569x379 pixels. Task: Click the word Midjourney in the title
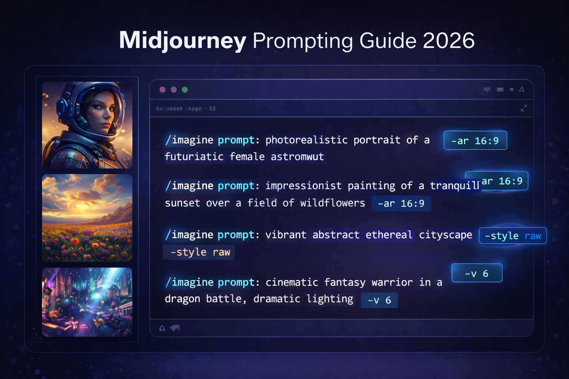point(182,40)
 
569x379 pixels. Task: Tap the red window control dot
point(162,90)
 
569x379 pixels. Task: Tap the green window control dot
point(185,90)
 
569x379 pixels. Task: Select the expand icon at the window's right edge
point(523,108)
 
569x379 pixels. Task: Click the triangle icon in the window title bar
point(522,89)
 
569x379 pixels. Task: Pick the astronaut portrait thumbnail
point(87,125)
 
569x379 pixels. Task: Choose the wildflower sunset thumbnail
point(87,218)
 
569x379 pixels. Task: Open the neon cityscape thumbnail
point(87,302)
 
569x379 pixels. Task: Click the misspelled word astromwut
point(297,157)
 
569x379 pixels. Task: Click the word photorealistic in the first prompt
point(306,140)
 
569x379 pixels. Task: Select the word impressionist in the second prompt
point(303,185)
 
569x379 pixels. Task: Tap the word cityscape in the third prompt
point(445,235)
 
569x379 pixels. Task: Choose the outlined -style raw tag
point(513,236)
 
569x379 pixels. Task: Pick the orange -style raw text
point(200,252)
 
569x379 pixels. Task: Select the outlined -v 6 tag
point(477,273)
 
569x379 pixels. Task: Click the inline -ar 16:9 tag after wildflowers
point(401,204)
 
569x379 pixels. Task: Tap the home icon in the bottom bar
point(162,328)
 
